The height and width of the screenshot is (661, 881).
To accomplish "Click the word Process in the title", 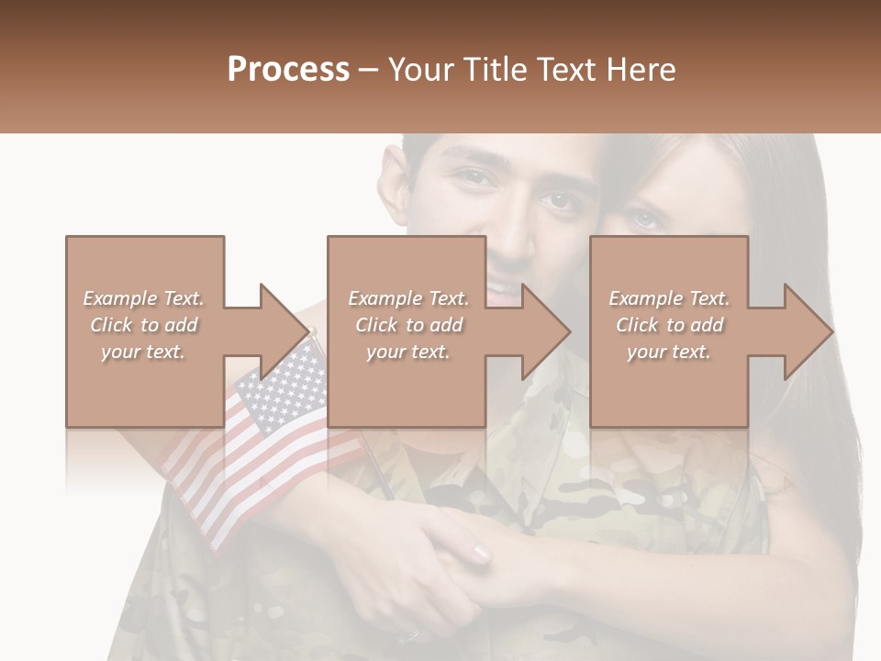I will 288,70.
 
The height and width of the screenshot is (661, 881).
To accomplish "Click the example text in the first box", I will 144,325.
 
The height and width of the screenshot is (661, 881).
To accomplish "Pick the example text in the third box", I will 669,325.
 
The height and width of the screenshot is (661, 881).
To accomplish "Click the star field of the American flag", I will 280,386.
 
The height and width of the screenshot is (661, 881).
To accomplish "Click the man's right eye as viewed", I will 556,197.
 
